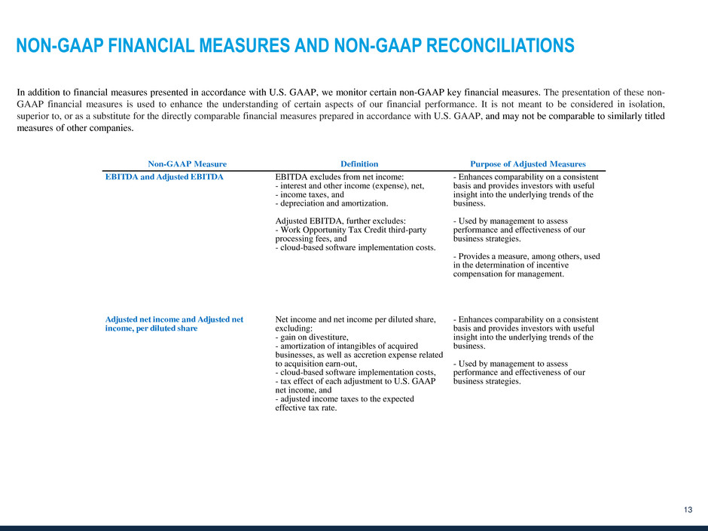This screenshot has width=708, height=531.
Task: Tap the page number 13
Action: tap(688, 511)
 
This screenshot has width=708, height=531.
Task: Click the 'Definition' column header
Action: tap(359, 163)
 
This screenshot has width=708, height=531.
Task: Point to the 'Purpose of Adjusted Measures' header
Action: tap(528, 163)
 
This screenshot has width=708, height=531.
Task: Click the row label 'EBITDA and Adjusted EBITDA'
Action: tap(164, 177)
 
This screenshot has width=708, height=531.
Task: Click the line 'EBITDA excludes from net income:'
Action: tap(340, 177)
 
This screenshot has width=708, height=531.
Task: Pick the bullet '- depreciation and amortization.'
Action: tap(332, 203)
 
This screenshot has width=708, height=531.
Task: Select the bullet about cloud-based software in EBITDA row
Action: tap(356, 247)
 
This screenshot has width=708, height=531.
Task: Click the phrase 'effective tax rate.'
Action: tap(307, 407)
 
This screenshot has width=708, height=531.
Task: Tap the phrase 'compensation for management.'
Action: tap(508, 274)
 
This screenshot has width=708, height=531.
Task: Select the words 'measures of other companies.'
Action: tap(75, 127)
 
